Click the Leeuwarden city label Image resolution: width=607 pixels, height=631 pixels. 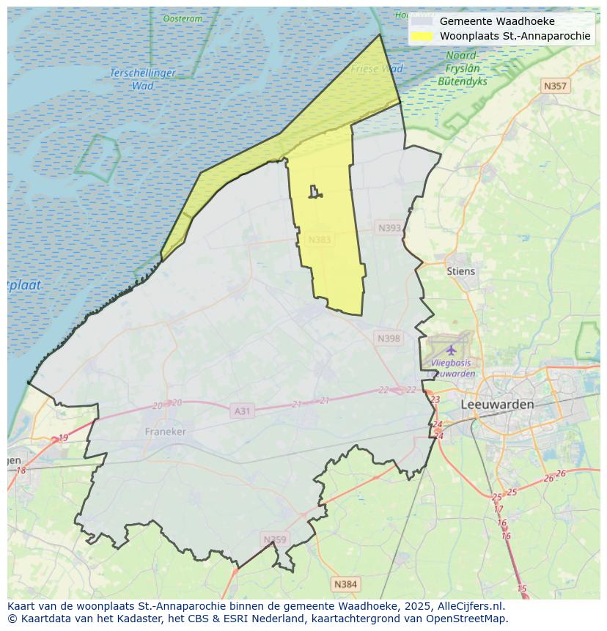[x=497, y=405]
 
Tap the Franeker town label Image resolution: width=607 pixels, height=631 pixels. [x=165, y=432]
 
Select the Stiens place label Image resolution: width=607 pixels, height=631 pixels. [x=460, y=271]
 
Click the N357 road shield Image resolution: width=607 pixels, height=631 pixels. [x=555, y=86]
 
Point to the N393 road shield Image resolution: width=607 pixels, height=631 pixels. [x=389, y=228]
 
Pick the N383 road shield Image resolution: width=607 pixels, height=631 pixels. [x=320, y=240]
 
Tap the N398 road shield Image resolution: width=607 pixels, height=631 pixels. [x=389, y=338]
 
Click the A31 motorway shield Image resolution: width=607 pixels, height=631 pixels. [x=242, y=411]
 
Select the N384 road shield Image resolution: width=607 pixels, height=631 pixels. [x=345, y=584]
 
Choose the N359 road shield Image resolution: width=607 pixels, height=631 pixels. [x=275, y=539]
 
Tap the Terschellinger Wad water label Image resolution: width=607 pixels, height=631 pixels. [x=143, y=79]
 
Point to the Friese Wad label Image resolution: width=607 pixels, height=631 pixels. [x=377, y=69]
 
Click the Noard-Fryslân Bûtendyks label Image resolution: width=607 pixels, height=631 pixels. [x=463, y=69]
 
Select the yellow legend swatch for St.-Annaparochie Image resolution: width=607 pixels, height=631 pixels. [x=422, y=36]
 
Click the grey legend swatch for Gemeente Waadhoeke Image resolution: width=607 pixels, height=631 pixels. [x=422, y=21]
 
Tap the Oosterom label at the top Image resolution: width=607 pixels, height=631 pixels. [x=183, y=18]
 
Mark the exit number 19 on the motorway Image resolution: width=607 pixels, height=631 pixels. [x=63, y=438]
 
